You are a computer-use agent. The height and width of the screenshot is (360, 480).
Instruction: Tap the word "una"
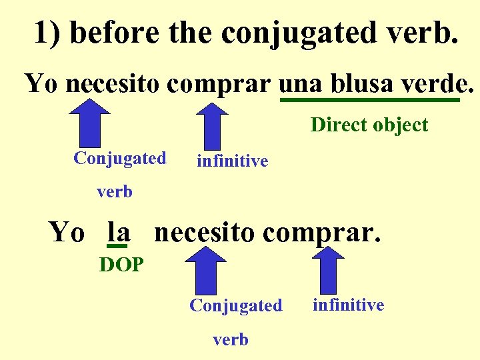[299, 84]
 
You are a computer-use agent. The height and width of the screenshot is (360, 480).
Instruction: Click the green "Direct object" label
[369, 125]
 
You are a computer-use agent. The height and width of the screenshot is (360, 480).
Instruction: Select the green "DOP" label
[121, 265]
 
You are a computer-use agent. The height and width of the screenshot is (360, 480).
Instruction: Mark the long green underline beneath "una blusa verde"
[369, 101]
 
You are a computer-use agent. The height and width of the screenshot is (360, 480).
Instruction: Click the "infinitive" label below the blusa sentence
[232, 161]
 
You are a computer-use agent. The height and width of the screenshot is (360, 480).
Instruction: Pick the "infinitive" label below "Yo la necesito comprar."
[348, 305]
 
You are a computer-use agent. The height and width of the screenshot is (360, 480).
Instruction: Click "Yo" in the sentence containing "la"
[66, 233]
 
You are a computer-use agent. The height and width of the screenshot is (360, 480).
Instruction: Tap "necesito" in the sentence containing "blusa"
[115, 84]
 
